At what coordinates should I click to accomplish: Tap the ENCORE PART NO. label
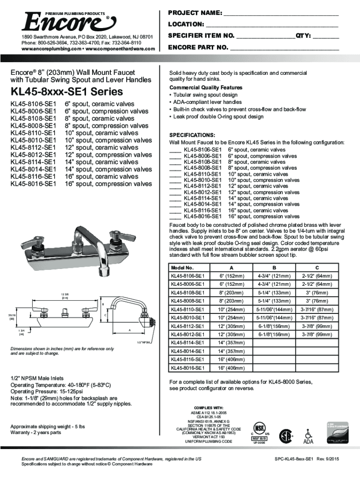pos(198,47)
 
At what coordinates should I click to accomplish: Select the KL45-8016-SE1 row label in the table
pos(187,368)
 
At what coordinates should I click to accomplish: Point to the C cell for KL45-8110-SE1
pos(317,310)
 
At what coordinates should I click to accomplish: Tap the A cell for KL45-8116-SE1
pos(232,360)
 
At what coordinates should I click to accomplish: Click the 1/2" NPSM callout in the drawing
pos(144,342)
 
